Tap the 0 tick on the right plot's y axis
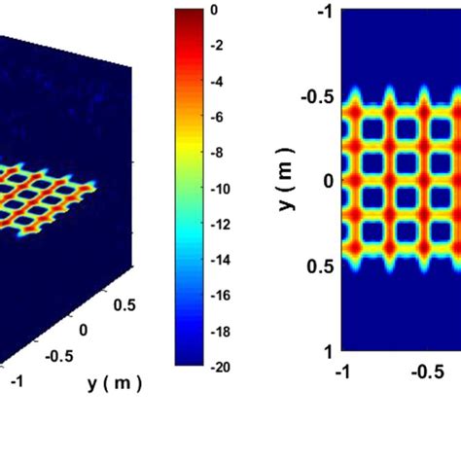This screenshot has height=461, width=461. coord(330,180)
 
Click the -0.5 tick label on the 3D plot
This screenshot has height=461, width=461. coord(58,355)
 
